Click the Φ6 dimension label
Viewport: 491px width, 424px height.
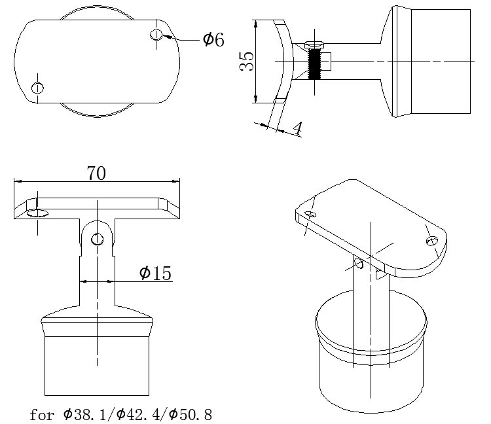213,40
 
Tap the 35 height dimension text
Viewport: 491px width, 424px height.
246,62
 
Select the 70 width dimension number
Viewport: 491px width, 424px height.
96,173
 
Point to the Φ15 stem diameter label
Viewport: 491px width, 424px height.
155,273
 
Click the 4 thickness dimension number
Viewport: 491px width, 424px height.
298,128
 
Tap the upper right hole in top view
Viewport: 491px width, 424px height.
156,35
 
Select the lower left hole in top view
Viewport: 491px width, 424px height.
37,88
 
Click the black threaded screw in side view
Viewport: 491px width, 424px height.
314,63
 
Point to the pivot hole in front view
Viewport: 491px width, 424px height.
97,239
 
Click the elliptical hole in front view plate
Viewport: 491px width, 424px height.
37,213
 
